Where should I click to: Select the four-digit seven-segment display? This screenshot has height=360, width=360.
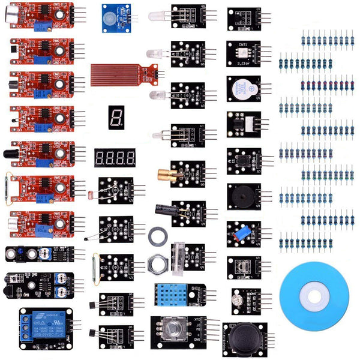[115, 158]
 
